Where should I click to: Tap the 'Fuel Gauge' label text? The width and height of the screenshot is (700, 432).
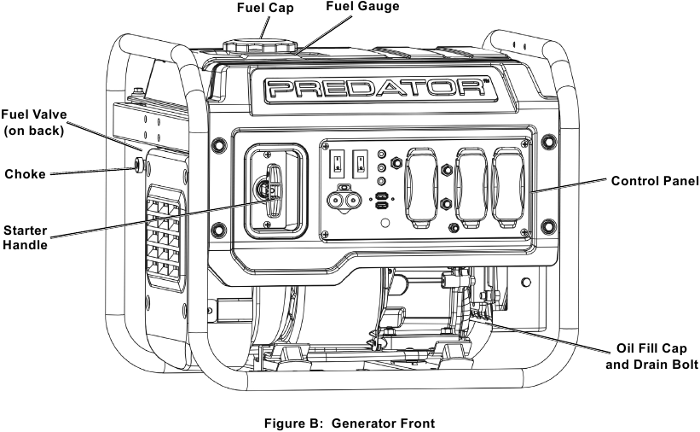tap(362, 7)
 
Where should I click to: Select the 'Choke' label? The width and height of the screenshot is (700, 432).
tap(25, 173)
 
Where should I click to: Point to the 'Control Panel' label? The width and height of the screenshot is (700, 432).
tap(655, 181)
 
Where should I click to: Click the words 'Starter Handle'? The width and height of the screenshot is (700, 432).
tap(25, 237)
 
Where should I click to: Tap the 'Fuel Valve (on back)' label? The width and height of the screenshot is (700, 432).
tap(34, 121)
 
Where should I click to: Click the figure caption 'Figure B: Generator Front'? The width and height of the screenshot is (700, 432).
tap(350, 423)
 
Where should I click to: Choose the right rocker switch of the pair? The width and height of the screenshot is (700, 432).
tap(361, 161)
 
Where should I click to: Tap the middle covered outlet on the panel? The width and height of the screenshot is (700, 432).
tap(470, 187)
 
